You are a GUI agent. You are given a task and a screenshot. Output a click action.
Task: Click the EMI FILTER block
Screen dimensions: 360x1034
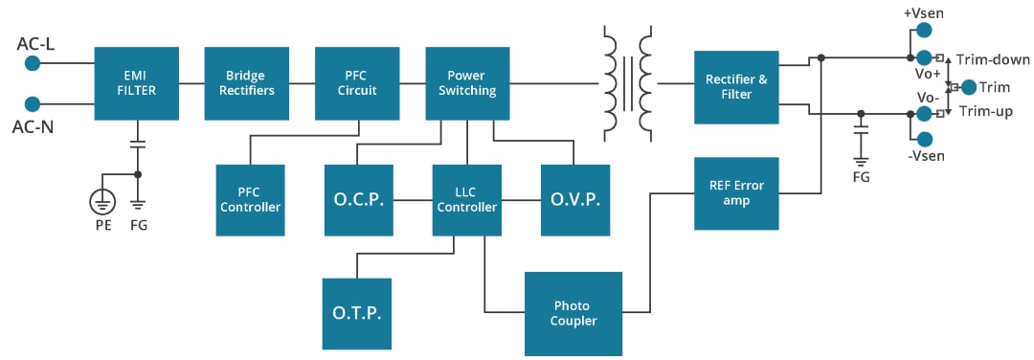pyautogui.click(x=136, y=83)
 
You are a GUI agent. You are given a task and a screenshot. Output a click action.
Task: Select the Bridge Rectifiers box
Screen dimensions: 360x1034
pyautogui.click(x=247, y=83)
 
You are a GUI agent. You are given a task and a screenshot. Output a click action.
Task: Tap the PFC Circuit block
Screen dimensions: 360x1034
pyautogui.click(x=357, y=83)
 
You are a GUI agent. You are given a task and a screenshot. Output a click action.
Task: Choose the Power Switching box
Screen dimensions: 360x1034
pyautogui.click(x=467, y=83)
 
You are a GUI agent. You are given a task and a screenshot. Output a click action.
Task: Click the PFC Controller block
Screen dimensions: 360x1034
pyautogui.click(x=250, y=200)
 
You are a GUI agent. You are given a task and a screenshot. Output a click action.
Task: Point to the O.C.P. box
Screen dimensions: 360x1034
pyautogui.click(x=358, y=200)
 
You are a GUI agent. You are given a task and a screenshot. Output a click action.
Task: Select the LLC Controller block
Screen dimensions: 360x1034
pyautogui.click(x=467, y=200)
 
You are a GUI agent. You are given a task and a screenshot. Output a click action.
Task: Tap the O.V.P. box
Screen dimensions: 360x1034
pyautogui.click(x=575, y=200)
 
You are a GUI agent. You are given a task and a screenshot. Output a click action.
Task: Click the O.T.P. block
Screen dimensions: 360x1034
pyautogui.click(x=356, y=313)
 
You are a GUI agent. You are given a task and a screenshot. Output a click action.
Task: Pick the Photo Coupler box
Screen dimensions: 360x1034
pyautogui.click(x=573, y=313)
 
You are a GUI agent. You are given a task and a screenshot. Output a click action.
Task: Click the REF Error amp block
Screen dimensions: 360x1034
pyautogui.click(x=736, y=193)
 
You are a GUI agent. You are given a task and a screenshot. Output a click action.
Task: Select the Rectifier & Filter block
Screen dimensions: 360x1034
pyautogui.click(x=736, y=87)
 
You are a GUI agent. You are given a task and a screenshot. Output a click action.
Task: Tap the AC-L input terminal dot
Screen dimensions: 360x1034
pyautogui.click(x=32, y=62)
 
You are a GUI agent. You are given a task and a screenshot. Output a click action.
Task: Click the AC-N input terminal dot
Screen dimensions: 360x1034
pyautogui.click(x=32, y=103)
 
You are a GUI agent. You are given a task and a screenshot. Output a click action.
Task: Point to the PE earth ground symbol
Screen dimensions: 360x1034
pyautogui.click(x=101, y=201)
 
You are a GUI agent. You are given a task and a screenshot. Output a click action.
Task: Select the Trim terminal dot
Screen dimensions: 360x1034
pyautogui.click(x=969, y=87)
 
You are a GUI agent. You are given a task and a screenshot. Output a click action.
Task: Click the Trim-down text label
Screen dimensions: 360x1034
pyautogui.click(x=993, y=59)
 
